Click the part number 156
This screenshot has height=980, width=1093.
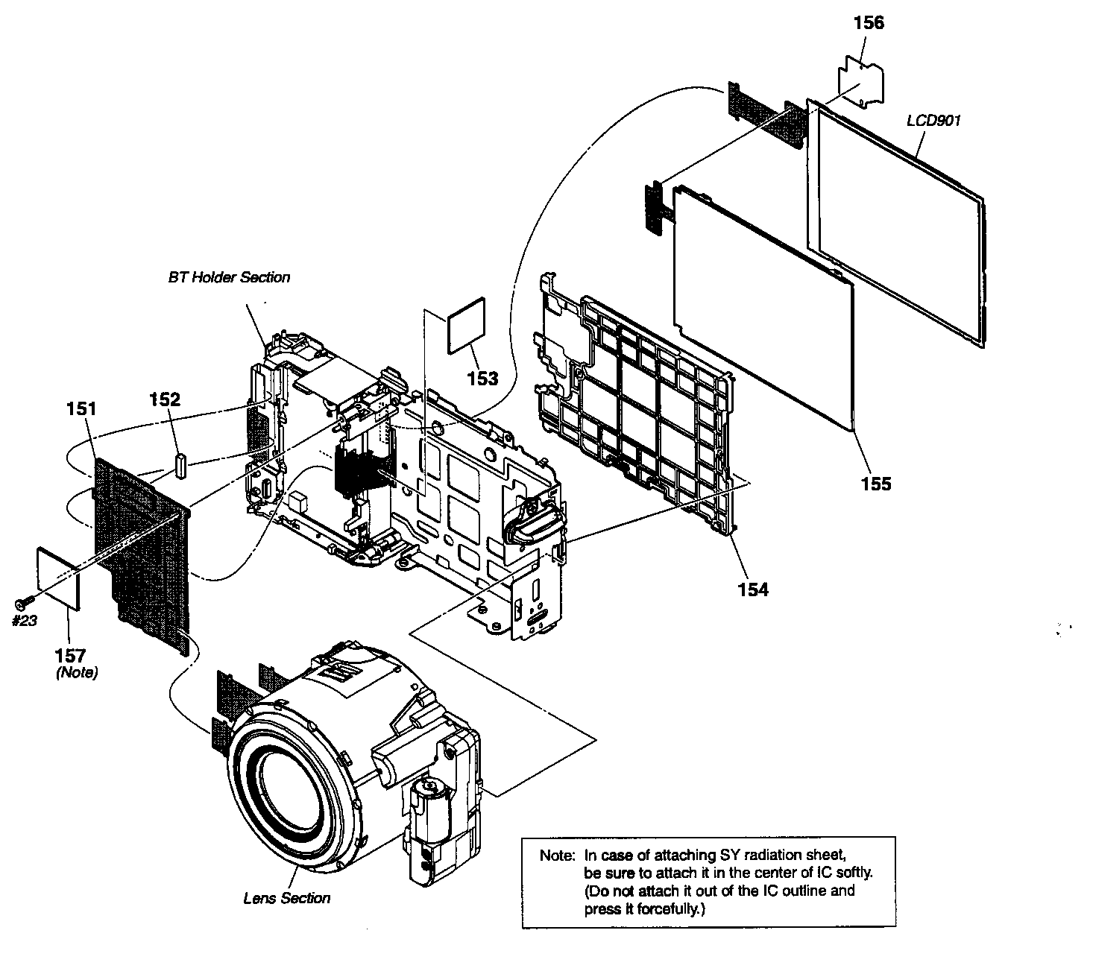(869, 23)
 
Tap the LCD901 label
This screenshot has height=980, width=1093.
(933, 120)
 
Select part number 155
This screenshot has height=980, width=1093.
(875, 484)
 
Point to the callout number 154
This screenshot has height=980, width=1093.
(752, 589)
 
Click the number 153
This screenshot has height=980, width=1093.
(482, 379)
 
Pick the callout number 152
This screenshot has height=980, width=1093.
(165, 399)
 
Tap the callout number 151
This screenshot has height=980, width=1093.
(82, 408)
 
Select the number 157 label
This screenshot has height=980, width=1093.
(70, 656)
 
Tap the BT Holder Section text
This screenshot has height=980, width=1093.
(229, 277)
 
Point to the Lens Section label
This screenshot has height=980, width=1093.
(286, 898)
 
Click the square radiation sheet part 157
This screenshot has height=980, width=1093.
(59, 577)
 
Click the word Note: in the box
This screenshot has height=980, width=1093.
(557, 856)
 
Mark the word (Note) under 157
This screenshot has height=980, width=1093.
(77, 672)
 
